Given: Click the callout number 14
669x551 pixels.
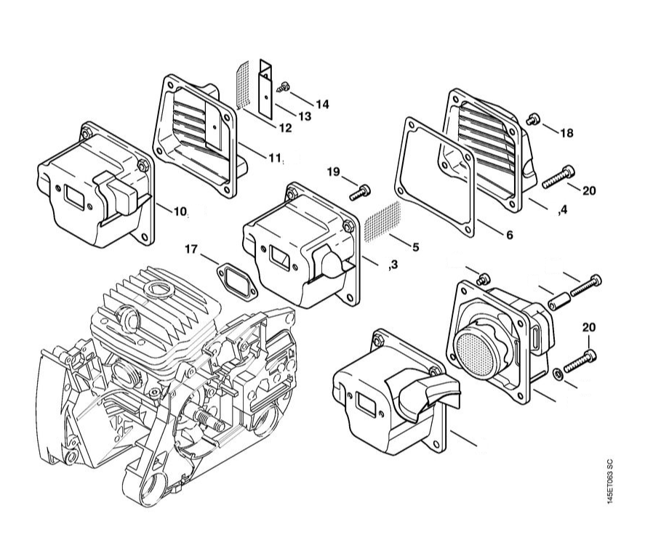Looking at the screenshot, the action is (x=323, y=104).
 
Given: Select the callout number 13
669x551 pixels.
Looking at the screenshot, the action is (x=305, y=116).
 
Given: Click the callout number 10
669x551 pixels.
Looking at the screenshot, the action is (x=180, y=211).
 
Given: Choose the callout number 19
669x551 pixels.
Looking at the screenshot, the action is (x=334, y=172).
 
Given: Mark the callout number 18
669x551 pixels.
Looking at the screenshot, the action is (x=566, y=133).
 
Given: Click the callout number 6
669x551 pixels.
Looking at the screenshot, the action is (x=510, y=235).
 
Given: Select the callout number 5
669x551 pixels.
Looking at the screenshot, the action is (x=415, y=247).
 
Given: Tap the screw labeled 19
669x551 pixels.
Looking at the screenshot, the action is (x=360, y=193).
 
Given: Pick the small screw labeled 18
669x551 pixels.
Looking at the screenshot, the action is (x=532, y=118).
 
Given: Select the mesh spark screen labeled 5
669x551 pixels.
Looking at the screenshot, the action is (x=383, y=220).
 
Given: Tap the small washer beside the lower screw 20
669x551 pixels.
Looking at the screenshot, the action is (x=557, y=373).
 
